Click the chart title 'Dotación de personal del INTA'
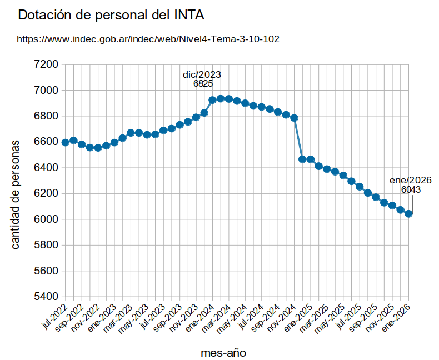111,16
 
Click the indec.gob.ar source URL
148,39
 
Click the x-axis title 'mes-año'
223,352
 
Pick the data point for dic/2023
204,113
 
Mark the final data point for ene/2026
408,213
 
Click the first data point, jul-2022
66,142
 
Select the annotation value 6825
203,84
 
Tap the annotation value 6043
411,190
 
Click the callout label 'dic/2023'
202,74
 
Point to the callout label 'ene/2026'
411,180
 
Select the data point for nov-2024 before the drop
294,118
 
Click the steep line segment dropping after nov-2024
298,139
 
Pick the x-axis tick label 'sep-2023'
167,318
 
